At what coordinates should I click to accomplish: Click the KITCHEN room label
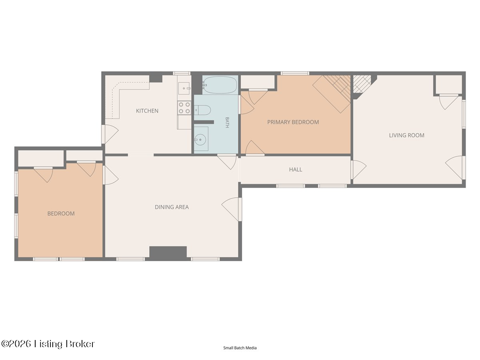147,111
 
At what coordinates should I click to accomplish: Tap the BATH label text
227,122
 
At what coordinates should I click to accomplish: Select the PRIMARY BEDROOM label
293,122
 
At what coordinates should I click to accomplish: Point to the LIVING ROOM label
406,135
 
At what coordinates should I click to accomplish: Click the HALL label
296,169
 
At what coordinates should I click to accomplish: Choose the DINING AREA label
172,207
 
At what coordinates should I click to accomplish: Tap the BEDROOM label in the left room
61,214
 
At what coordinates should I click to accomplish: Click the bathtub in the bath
220,85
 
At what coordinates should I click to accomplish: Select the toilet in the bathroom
202,110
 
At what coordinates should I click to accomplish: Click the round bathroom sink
200,139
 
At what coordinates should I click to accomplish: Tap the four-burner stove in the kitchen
184,108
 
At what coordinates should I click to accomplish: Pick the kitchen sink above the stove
184,88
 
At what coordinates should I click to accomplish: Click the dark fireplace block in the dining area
168,253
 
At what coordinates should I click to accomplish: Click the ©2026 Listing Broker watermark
48,344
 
